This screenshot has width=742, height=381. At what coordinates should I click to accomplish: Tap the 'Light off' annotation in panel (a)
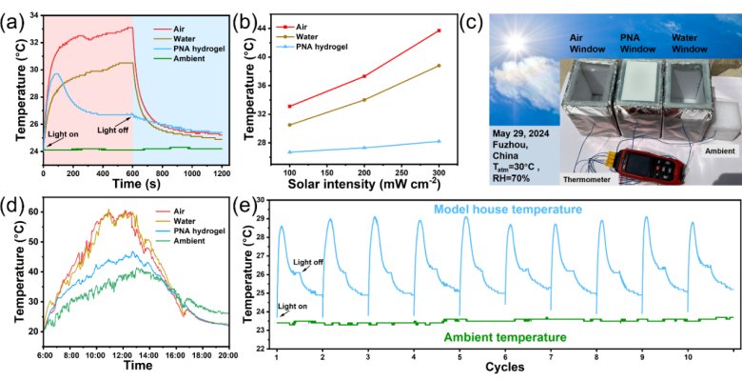pyautogui.click(x=115, y=132)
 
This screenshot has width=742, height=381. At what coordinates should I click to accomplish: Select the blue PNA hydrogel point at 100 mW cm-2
pyautogui.click(x=289, y=152)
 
